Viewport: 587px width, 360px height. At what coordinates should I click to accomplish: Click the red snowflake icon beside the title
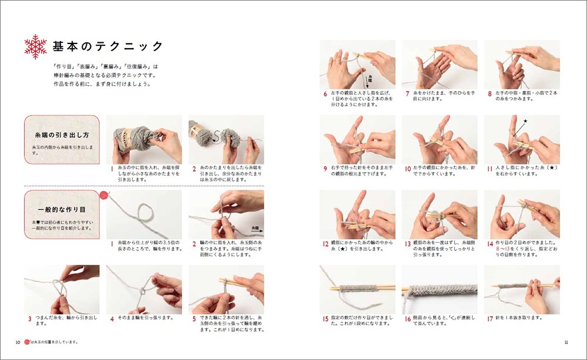coord(35,47)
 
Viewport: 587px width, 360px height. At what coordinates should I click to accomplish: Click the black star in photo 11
coord(525,121)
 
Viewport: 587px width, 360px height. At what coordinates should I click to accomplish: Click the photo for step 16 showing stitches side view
coord(439,289)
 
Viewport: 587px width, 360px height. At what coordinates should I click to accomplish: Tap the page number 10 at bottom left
coord(18,342)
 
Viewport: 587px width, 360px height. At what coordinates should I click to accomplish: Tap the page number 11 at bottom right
coord(566,342)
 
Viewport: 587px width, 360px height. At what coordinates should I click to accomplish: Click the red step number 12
coord(326,243)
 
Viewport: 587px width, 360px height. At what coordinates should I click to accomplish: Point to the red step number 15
coord(326,318)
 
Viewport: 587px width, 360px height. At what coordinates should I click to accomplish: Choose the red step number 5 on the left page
coord(194,318)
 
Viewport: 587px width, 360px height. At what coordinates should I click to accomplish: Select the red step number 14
coord(490,243)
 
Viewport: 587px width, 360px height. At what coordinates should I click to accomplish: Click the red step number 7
coord(407,93)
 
